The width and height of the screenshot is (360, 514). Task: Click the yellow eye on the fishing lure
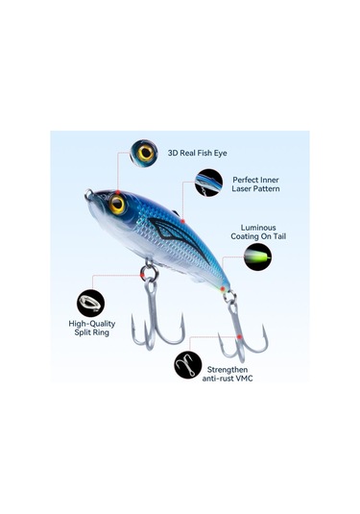[x=118, y=204]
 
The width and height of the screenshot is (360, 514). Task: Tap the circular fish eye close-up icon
[x=146, y=153]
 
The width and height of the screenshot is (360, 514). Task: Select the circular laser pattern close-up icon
[x=208, y=183]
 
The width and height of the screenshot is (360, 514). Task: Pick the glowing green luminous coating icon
[x=256, y=257]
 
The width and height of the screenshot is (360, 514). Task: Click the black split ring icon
[x=91, y=304]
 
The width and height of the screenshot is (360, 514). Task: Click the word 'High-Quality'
[x=91, y=326]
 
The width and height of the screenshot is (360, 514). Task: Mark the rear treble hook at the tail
[x=240, y=331]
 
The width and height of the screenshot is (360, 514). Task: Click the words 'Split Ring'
[x=91, y=336]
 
